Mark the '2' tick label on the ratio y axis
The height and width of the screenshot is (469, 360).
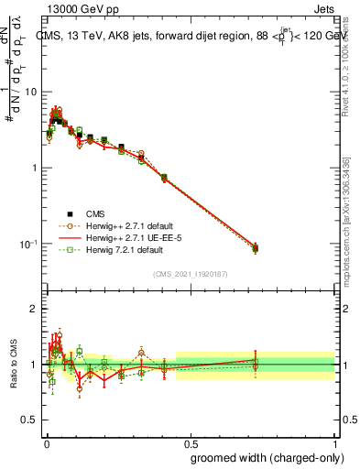tap(35, 309)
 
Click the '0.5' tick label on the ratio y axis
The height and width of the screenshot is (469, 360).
tap(31, 420)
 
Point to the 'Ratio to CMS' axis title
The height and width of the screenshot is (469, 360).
tap(13, 364)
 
